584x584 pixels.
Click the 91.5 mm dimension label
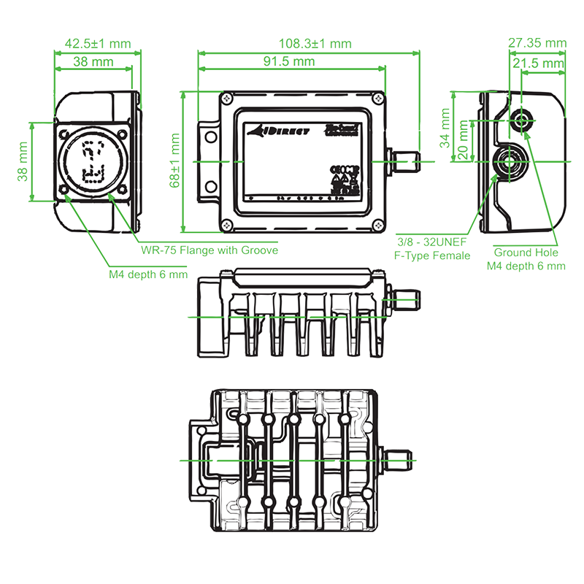click(x=290, y=61)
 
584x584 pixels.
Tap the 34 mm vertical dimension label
click(x=447, y=129)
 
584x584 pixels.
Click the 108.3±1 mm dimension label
click(x=310, y=44)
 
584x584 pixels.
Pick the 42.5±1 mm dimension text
click(x=97, y=44)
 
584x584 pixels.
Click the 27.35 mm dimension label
click(x=537, y=44)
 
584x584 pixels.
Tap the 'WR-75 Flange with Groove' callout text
click(x=210, y=250)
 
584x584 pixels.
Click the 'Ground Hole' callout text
click(x=526, y=252)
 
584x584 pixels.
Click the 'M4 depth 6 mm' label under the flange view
click(x=143, y=275)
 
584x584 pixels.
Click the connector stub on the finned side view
click(x=404, y=299)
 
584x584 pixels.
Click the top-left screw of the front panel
click(x=229, y=99)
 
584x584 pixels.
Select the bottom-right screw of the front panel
click(x=377, y=225)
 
